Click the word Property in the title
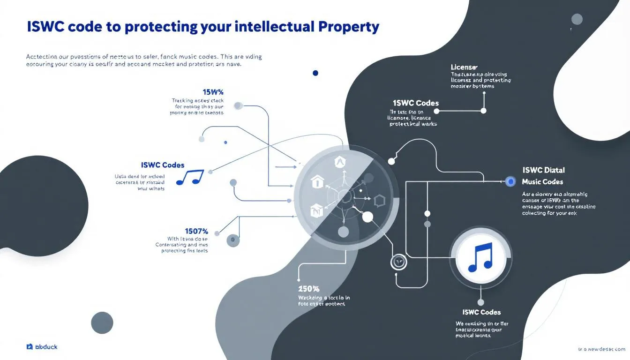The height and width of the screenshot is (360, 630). click(348, 27)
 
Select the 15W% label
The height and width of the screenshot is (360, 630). click(213, 91)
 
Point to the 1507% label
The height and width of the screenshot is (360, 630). click(196, 231)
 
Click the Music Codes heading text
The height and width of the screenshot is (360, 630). click(542, 181)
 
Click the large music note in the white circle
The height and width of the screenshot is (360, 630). click(479, 257)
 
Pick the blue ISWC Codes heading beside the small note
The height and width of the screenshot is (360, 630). click(163, 165)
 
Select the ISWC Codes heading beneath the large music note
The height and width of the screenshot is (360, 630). click(481, 312)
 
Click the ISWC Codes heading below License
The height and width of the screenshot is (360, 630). click(416, 103)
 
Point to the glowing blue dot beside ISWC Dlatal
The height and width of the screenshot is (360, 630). click(511, 181)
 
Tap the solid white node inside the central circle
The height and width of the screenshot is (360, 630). click(368, 217)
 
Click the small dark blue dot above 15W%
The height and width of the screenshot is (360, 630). click(315, 73)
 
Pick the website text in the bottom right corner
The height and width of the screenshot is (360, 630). click(601, 349)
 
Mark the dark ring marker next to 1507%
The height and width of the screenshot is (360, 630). click(233, 240)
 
